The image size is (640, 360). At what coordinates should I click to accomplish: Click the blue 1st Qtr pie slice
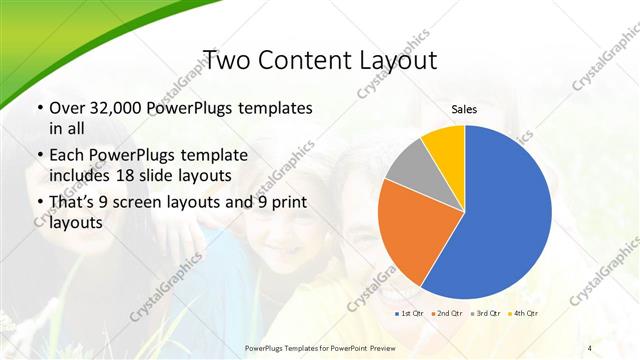click(500, 210)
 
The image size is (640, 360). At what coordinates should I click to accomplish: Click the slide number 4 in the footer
click(590, 347)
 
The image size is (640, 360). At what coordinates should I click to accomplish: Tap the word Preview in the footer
click(376, 347)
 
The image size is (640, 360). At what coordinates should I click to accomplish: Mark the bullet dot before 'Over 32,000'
click(39, 108)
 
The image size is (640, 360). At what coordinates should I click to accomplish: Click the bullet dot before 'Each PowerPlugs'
click(39, 155)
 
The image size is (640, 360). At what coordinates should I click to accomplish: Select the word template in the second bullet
click(215, 155)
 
